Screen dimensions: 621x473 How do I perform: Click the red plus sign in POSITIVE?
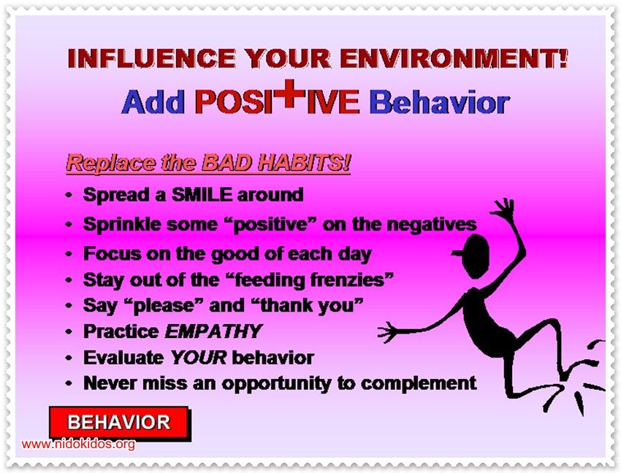coord(289,94)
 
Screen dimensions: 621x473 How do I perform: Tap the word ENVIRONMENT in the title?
coord(454,58)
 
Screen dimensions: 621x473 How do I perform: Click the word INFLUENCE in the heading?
coord(152,58)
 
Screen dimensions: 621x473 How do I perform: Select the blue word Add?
coord(153,102)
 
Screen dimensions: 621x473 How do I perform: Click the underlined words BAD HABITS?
coord(276,162)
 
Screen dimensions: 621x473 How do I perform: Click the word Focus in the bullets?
coord(112,254)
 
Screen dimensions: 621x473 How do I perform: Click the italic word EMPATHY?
coord(213,331)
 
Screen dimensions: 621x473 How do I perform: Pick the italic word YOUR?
coord(199,358)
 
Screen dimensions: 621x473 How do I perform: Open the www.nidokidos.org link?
coord(78,444)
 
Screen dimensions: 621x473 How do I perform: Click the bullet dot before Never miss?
coord(69,383)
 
